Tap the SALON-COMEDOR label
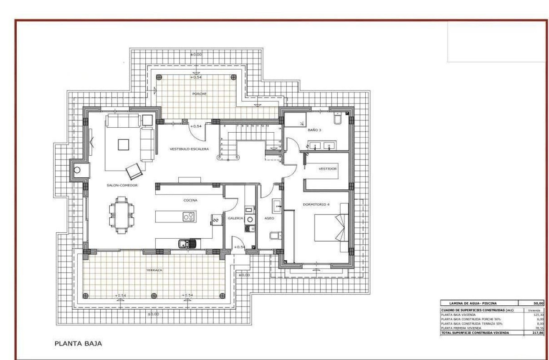pyautogui.click(x=122, y=185)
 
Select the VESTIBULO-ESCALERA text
pyautogui.click(x=189, y=149)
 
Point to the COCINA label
pyautogui.click(x=190, y=200)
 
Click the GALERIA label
pyautogui.click(x=235, y=218)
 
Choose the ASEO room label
pyautogui.click(x=269, y=218)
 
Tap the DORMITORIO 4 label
pyautogui.click(x=316, y=204)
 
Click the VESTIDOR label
pyautogui.click(x=328, y=169)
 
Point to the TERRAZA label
pyautogui.click(x=154, y=270)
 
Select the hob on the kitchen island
pyautogui.click(x=188, y=217)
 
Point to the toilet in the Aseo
pyautogui.click(x=273, y=237)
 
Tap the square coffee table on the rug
pyautogui.click(x=124, y=144)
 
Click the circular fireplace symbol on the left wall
pyautogui.click(x=77, y=170)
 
